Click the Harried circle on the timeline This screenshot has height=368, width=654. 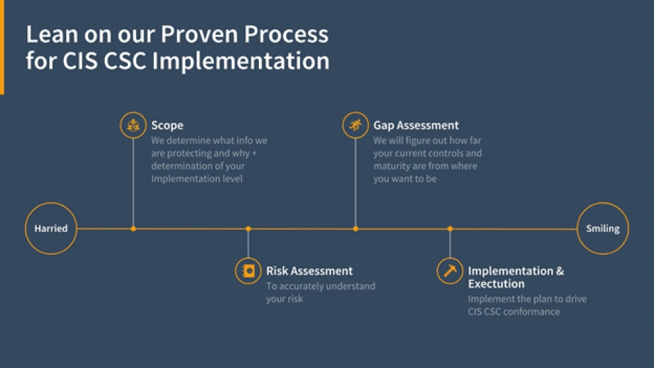[x=51, y=229]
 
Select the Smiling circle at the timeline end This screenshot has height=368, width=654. [x=602, y=229]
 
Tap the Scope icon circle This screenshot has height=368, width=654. [x=133, y=125]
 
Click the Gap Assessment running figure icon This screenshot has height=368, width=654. [x=355, y=125]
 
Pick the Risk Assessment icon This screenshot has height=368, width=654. [x=248, y=271]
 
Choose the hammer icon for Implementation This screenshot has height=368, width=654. [x=450, y=271]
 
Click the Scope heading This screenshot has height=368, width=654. [x=167, y=125]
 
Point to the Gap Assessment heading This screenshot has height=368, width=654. [x=416, y=125]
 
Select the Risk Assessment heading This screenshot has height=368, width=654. [x=309, y=271]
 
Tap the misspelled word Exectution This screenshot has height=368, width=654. [x=496, y=283]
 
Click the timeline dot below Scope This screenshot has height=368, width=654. [x=133, y=229]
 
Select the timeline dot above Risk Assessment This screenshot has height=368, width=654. [x=248, y=229]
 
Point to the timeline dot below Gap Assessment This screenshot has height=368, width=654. [x=355, y=229]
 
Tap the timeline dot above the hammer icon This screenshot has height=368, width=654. [x=450, y=229]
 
